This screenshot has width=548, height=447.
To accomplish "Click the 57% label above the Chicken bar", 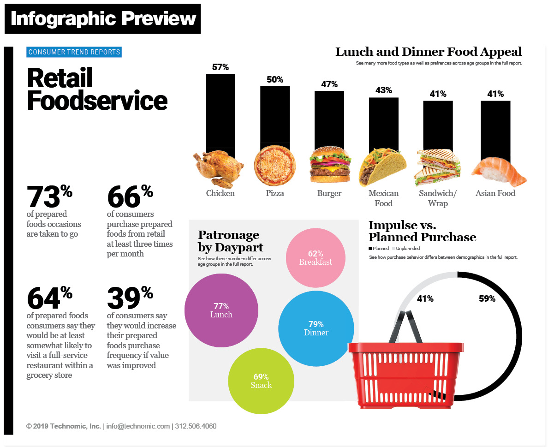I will point(220,67).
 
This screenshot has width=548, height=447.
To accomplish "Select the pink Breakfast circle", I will point(316,257).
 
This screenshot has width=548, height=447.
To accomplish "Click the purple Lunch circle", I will point(221,310).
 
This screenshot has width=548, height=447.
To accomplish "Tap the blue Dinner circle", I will point(316,328).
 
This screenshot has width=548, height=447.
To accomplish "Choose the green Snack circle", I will point(261,381).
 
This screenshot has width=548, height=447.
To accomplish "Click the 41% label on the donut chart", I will point(425,299).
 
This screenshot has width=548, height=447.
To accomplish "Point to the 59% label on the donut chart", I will point(487,299).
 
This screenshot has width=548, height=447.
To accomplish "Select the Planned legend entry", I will point(379,249).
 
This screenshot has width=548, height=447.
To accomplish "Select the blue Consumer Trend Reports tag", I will point(74,52).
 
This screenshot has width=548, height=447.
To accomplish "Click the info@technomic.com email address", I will point(138,426).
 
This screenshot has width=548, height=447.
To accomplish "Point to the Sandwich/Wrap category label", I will point(437,198).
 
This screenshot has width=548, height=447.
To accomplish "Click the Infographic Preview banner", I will point(103,18).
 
